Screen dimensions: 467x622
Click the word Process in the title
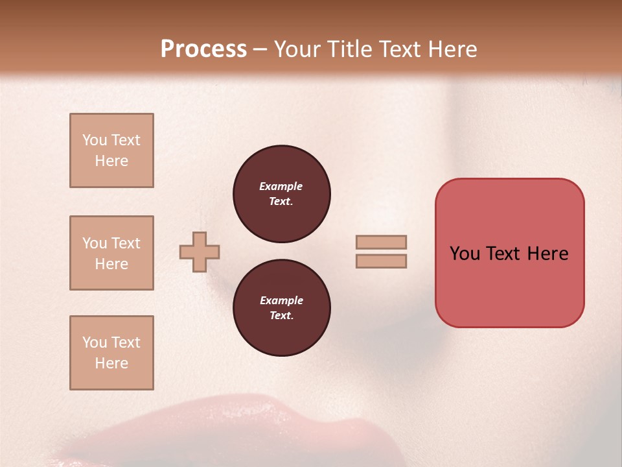pos(203,49)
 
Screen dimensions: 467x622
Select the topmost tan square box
pos(111,150)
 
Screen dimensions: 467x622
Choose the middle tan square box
pos(111,253)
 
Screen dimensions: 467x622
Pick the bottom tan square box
pos(111,353)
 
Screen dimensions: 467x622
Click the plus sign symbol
pos(200,252)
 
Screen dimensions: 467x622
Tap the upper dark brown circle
pos(281,194)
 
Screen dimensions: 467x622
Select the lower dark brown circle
pos(281,308)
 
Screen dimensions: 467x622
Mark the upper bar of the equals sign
pos(381,242)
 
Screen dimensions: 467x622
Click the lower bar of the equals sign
pos(381,261)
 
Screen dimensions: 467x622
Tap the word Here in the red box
pos(547,254)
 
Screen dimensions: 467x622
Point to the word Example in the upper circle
pos(281,186)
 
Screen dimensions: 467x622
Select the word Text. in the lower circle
pos(281,316)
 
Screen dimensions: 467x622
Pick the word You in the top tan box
pos(95,140)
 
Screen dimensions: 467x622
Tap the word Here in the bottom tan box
pos(111,363)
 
